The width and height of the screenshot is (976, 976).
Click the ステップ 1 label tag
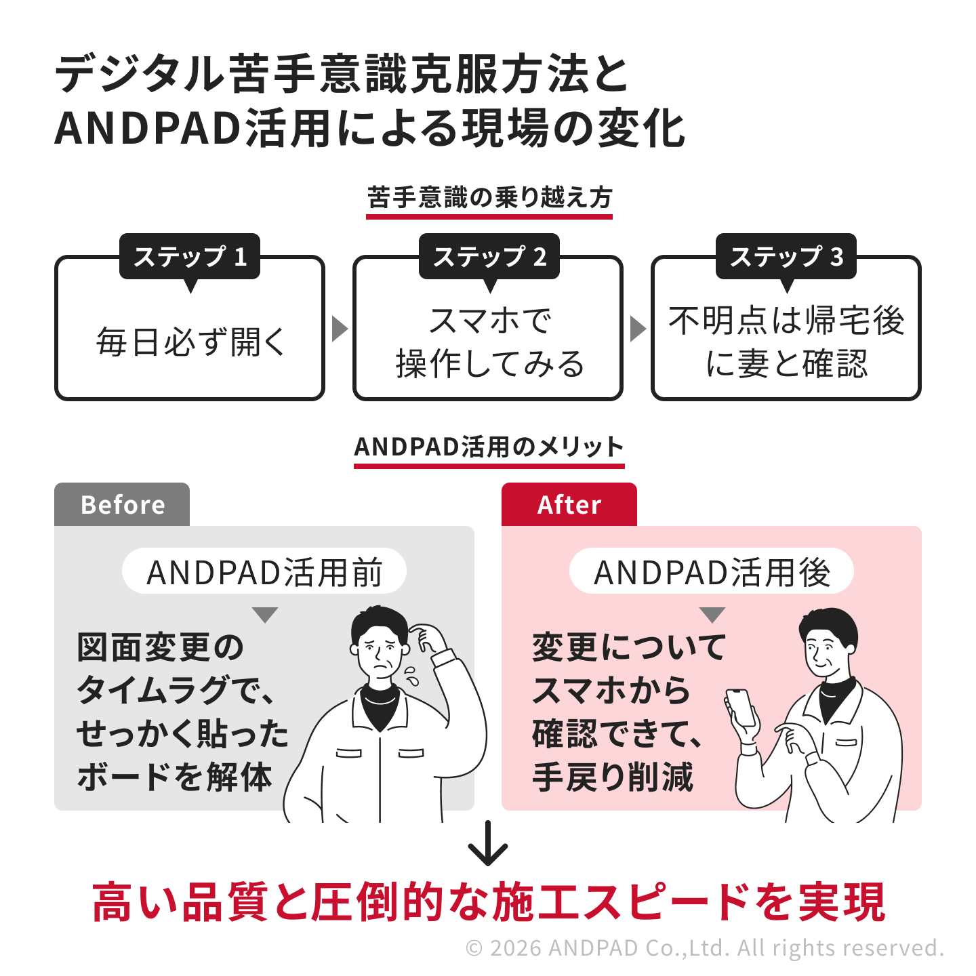(x=189, y=256)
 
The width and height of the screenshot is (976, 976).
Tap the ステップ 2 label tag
(x=489, y=256)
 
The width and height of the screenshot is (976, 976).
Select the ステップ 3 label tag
(x=786, y=256)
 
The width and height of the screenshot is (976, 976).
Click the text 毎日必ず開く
(x=190, y=342)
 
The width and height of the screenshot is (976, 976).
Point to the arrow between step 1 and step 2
(x=340, y=329)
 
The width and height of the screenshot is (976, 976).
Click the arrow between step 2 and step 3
(x=638, y=329)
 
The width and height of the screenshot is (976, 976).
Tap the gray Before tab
(x=122, y=504)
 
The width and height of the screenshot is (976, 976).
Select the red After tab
(x=569, y=504)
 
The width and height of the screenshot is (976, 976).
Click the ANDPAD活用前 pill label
(x=264, y=571)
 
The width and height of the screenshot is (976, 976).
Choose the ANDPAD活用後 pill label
(x=711, y=571)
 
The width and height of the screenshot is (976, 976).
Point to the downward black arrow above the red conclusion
(x=487, y=843)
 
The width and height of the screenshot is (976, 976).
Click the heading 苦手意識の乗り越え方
(x=489, y=197)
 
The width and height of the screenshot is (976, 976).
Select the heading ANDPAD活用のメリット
(x=489, y=447)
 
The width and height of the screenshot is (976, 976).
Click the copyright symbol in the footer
(x=474, y=948)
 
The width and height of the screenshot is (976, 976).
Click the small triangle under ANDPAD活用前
(x=265, y=615)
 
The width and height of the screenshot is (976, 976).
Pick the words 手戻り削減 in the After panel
(x=612, y=777)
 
